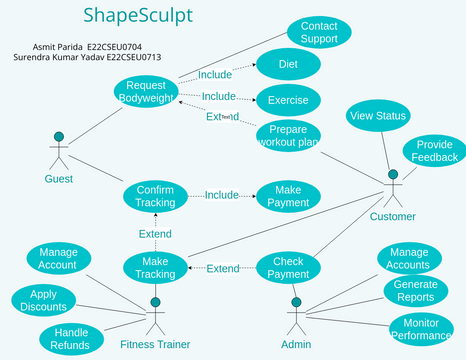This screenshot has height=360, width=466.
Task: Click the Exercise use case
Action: click(287, 99)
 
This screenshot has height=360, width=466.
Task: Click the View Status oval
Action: click(377, 117)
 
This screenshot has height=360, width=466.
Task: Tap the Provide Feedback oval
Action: click(434, 151)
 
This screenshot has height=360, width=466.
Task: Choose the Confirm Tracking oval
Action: click(155, 195)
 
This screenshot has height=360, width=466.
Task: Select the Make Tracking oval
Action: click(156, 268)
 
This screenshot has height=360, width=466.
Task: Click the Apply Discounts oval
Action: click(42, 301)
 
